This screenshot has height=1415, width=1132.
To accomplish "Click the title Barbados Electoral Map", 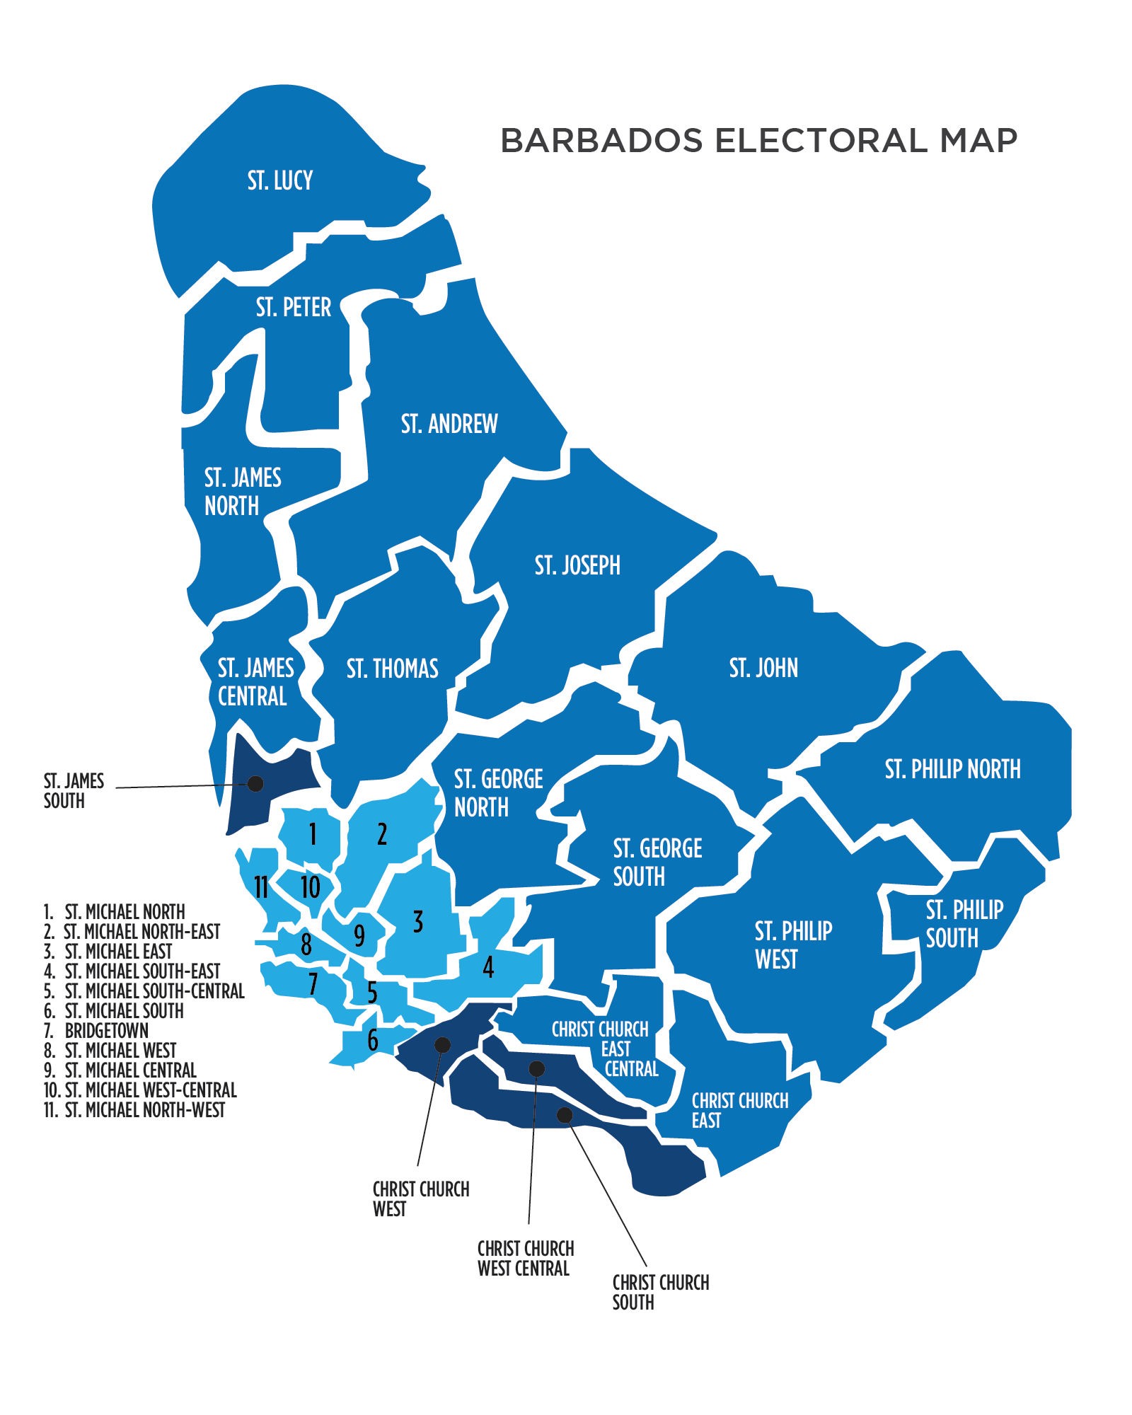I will click(758, 140).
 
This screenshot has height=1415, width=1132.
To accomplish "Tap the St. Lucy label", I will click(280, 181).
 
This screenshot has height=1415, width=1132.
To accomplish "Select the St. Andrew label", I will click(449, 424).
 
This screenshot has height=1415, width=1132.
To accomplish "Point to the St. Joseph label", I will click(577, 565).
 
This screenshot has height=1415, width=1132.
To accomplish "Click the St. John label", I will click(763, 668).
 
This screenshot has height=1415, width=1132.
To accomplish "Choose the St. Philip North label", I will click(952, 769).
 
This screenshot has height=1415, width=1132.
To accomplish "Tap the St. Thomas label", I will click(392, 669).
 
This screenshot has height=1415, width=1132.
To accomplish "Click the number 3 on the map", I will click(418, 922).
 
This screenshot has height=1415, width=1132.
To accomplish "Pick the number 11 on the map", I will click(261, 886).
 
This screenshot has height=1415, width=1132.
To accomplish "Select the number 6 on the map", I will click(373, 1040).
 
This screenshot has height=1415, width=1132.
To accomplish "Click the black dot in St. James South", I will click(256, 783).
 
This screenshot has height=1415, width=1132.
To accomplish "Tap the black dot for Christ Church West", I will click(442, 1045).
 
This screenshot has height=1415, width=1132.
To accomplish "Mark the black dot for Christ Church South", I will click(565, 1115).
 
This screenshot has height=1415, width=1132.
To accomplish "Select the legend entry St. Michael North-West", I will click(134, 1110).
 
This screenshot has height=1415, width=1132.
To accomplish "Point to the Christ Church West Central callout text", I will click(525, 1259).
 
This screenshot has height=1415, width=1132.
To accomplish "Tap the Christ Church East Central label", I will click(601, 1049).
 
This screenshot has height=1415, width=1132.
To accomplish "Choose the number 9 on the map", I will click(359, 935).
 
